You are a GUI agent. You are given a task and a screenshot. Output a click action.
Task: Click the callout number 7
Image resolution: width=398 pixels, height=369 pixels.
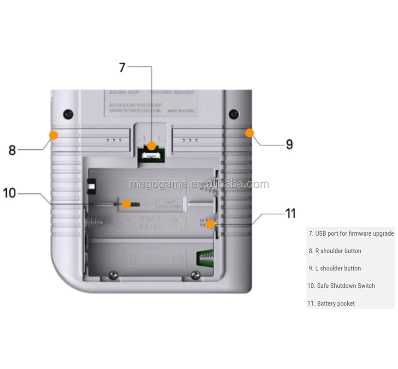point(122,67)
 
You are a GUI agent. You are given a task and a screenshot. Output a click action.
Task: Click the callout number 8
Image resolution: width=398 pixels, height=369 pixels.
point(12,150)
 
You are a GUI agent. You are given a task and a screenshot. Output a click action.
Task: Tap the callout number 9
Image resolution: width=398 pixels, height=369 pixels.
point(289,144)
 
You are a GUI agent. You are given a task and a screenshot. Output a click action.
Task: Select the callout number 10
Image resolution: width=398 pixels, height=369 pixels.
point(9,192)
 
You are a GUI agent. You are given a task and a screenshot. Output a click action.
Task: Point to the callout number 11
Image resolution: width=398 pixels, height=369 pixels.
point(290,214)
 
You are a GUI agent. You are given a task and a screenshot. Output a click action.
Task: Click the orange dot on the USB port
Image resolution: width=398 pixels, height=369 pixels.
point(151,147)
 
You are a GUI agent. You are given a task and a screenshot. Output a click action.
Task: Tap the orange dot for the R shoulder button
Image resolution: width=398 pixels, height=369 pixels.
point(53,135)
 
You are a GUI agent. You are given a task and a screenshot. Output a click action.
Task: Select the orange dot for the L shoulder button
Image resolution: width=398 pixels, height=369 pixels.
point(249,133)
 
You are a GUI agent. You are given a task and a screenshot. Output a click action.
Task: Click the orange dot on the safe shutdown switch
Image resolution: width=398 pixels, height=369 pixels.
point(126,204)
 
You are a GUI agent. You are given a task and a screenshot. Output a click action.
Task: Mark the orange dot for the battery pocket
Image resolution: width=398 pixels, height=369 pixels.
point(210,224)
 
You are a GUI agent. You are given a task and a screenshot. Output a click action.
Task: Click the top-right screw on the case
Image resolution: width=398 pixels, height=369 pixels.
point(233,113)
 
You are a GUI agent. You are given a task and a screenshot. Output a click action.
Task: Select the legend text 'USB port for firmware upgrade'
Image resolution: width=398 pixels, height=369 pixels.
point(351,233)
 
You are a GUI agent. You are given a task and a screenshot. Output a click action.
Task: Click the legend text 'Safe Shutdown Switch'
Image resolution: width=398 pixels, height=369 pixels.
point(341,286)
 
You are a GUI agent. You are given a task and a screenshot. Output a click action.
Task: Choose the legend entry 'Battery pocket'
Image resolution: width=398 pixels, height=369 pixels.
point(331,304)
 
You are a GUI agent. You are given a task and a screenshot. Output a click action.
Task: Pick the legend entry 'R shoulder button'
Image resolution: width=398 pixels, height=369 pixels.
point(335,251)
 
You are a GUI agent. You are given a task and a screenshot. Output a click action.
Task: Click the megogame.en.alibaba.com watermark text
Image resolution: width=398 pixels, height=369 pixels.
point(199,184)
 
